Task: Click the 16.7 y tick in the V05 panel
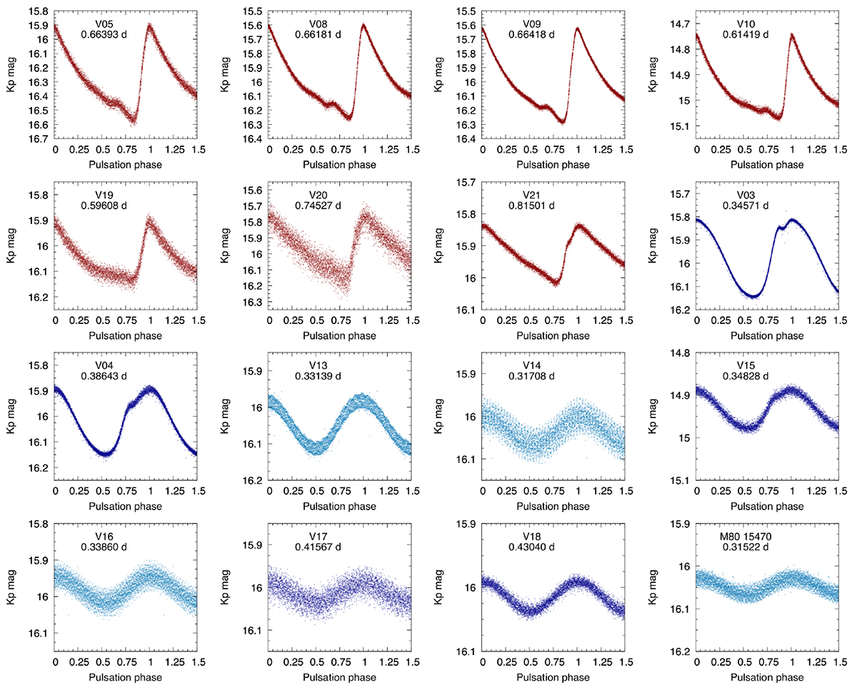tap(39, 138)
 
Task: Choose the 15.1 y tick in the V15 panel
tap(680, 479)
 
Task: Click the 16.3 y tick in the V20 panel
tap(253, 302)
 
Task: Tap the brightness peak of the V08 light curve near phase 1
tap(364, 25)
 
